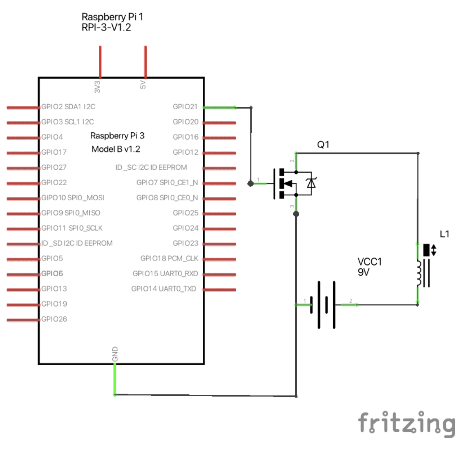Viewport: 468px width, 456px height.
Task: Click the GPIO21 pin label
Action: [x=185, y=107]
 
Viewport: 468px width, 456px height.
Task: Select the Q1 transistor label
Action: [x=323, y=145]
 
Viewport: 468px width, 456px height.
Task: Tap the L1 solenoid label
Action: [x=444, y=234]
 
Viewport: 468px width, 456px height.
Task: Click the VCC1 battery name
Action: [x=369, y=261]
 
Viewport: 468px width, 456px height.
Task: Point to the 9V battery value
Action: [x=363, y=272]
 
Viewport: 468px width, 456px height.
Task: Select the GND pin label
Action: [x=115, y=354]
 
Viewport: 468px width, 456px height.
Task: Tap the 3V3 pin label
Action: [x=97, y=87]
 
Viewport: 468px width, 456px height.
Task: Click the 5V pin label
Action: [x=143, y=85]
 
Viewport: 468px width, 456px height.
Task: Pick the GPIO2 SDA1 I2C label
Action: [x=68, y=107]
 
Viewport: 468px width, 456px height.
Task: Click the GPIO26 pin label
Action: [x=54, y=319]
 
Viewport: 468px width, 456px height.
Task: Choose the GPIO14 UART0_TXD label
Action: [x=164, y=289]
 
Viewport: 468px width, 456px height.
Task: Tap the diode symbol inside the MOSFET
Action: [x=311, y=183]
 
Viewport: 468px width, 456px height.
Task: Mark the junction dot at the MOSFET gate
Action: [x=250, y=184]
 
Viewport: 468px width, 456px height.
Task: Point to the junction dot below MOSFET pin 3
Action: [x=296, y=214]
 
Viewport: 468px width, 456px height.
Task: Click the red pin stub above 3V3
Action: [x=100, y=62]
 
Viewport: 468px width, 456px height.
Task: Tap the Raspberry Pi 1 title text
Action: [x=112, y=17]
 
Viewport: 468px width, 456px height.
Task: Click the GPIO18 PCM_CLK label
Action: [x=169, y=259]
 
